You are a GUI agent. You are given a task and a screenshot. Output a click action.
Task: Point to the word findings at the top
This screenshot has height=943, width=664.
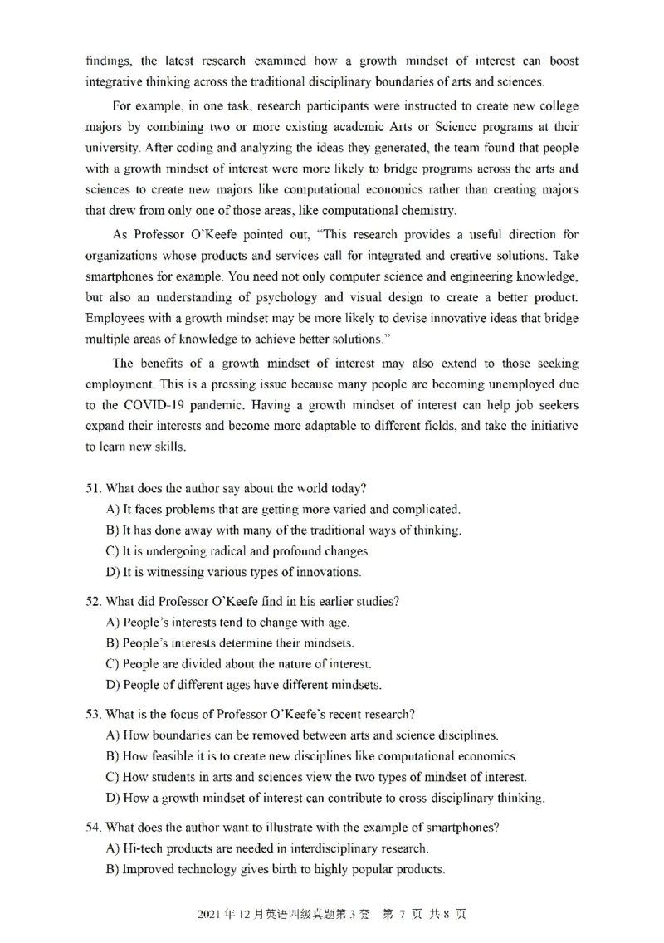[x=109, y=61]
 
